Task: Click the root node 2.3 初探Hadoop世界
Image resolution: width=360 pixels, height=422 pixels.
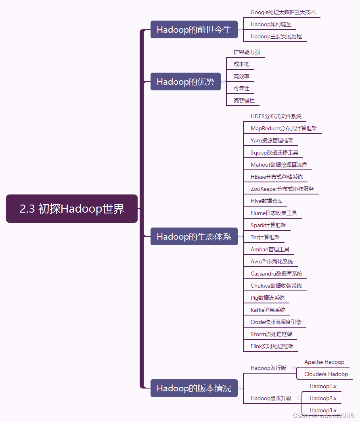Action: point(72,209)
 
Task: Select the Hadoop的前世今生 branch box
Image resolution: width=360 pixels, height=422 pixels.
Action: point(194,30)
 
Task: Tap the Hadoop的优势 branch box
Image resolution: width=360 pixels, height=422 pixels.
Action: point(185,81)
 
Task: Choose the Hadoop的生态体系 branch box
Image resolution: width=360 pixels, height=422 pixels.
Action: point(194,236)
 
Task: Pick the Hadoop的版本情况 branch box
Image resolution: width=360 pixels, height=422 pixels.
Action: point(194,388)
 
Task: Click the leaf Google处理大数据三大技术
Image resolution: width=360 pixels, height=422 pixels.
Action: point(283,13)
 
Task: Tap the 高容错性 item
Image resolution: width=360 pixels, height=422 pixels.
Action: point(244,100)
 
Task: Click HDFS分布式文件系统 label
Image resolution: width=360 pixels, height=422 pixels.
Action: point(276,117)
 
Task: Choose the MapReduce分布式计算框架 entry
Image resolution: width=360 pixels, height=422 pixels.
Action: point(283,129)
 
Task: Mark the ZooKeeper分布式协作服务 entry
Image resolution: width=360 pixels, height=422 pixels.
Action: point(282,189)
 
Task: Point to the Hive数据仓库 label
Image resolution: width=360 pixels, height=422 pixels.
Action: point(266,201)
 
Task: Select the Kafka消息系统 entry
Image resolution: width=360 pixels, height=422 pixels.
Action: point(268,310)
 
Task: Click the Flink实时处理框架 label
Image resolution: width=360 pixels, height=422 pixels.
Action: point(272,347)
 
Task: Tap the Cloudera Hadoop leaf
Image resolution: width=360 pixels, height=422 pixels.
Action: point(326,374)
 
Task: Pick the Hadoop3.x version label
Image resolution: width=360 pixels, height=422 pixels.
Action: point(323,410)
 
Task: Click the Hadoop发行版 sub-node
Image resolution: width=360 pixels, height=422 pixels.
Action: point(268,368)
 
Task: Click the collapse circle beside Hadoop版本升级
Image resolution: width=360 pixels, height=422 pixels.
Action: point(299,398)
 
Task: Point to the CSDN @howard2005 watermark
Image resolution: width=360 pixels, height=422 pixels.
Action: point(323,416)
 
